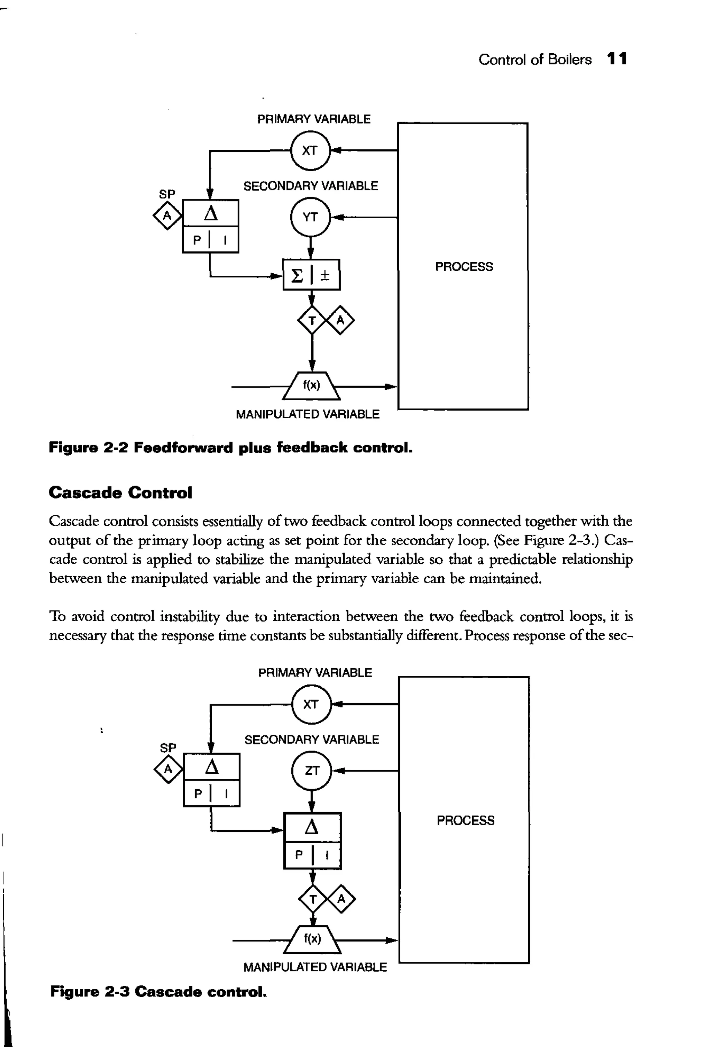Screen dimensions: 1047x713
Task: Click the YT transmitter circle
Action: click(x=310, y=217)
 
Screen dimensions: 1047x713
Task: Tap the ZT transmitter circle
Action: click(x=312, y=771)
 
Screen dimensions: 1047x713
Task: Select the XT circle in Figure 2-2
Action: click(x=310, y=150)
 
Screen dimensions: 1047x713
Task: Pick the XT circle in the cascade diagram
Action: click(x=311, y=704)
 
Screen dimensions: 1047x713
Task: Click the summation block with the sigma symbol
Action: click(x=311, y=275)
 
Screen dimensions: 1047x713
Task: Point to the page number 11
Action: click(x=617, y=59)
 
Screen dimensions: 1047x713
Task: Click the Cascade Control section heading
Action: click(x=120, y=492)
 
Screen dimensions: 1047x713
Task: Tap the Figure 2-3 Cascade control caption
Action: click(x=158, y=992)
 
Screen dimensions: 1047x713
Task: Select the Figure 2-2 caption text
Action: click(x=230, y=448)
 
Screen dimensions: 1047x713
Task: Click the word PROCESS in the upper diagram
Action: click(x=464, y=267)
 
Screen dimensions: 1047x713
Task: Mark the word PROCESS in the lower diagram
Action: click(x=465, y=820)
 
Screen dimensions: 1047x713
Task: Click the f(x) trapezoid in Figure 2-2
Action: click(x=311, y=386)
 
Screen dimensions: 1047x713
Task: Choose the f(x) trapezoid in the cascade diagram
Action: click(x=312, y=939)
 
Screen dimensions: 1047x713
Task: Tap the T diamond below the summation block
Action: click(x=312, y=321)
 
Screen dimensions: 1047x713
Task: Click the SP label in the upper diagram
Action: click(x=167, y=194)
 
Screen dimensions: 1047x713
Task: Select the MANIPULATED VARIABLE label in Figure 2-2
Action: click(x=308, y=414)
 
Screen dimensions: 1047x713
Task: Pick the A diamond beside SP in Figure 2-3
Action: click(x=168, y=769)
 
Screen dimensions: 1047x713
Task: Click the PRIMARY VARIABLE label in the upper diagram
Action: click(x=314, y=119)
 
